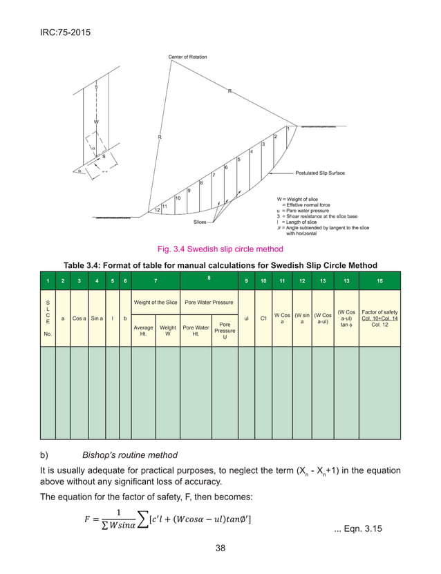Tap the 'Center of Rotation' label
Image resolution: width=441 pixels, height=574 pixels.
pyautogui.click(x=190, y=56)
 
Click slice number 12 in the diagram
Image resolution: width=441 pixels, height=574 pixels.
pyautogui.click(x=158, y=209)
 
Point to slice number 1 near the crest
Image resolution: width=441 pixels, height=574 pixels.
pyautogui.click(x=288, y=129)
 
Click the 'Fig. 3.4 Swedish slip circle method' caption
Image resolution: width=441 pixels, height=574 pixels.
pyautogui.click(x=220, y=248)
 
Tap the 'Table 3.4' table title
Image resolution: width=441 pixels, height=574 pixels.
pyautogui.click(x=220, y=265)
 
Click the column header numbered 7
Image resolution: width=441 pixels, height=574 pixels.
pyautogui.click(x=156, y=280)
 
